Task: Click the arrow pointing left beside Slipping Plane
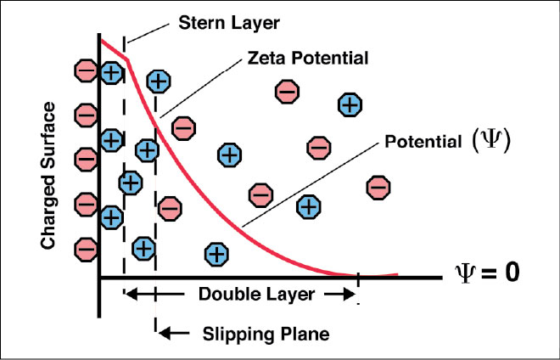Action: (x=173, y=331)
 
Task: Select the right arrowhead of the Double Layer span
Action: (x=348, y=295)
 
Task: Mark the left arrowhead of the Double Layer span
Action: (x=130, y=295)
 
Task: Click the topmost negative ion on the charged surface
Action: (x=86, y=69)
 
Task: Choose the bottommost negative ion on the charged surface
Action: (x=86, y=249)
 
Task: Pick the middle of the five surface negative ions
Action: (x=86, y=158)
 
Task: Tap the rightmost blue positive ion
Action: (x=350, y=105)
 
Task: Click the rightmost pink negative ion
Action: (x=378, y=186)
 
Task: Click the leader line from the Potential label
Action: (x=310, y=183)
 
